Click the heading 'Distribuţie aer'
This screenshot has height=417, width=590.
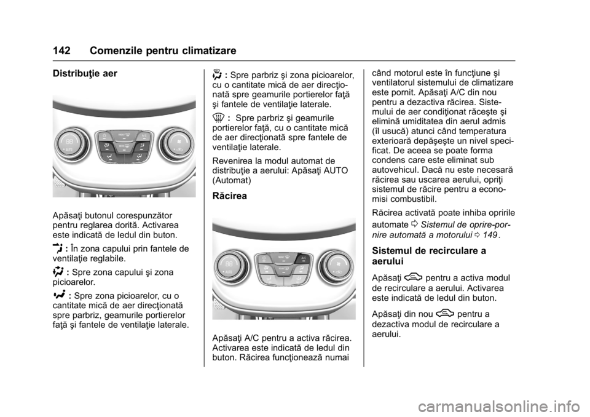85,74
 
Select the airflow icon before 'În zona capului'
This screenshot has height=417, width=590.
60,249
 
